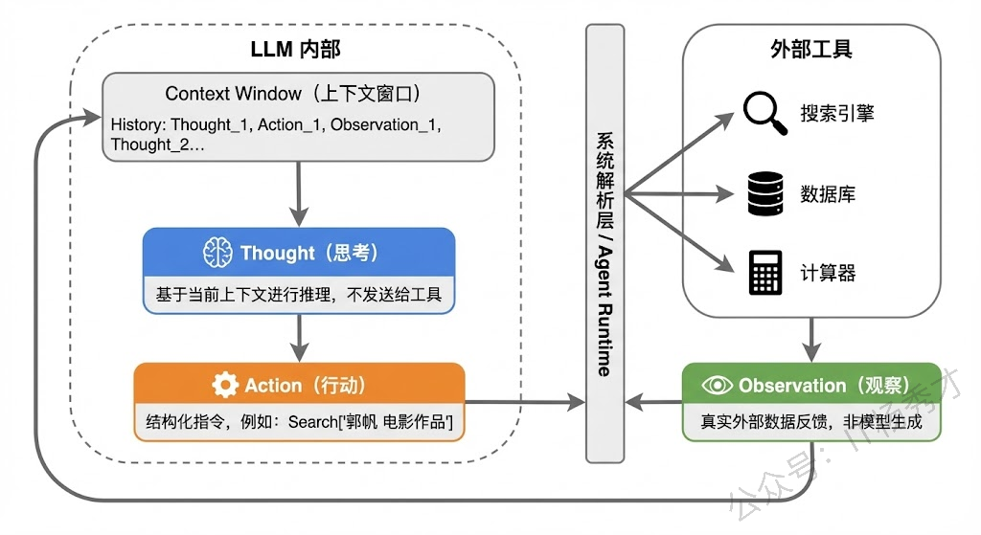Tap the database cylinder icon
click(765, 194)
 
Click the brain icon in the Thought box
click(217, 253)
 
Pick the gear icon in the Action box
click(225, 385)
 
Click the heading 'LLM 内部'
click(295, 50)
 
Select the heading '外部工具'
click(810, 50)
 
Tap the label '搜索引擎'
click(837, 114)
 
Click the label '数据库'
click(828, 194)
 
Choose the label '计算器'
click(828, 273)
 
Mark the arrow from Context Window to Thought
click(300, 193)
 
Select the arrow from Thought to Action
click(300, 336)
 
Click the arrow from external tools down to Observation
click(812, 336)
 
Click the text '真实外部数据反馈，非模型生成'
click(810, 421)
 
